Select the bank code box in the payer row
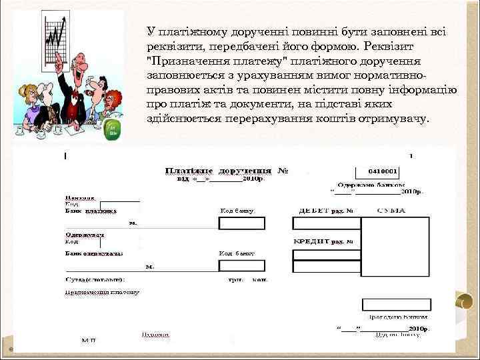tap(241, 223)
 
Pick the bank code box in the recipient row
tap(241, 265)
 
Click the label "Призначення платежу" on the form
tap(102, 291)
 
